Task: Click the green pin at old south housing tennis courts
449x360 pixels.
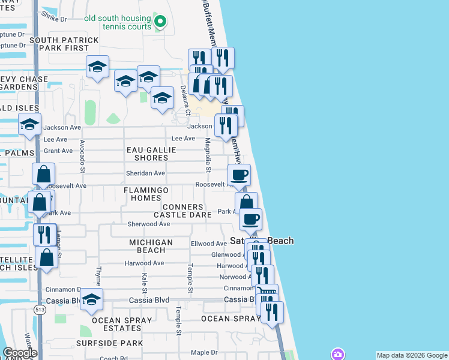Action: [160, 22]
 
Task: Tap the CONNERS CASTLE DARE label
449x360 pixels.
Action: [182, 211]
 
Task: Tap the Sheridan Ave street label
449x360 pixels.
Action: [145, 173]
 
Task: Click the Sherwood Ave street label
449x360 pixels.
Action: [149, 224]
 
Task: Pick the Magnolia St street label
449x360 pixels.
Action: [208, 155]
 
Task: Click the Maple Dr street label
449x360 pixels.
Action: [204, 352]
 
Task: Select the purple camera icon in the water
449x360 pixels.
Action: [339, 354]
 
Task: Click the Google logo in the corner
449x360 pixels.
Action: [20, 353]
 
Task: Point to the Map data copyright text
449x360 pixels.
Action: [411, 355]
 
